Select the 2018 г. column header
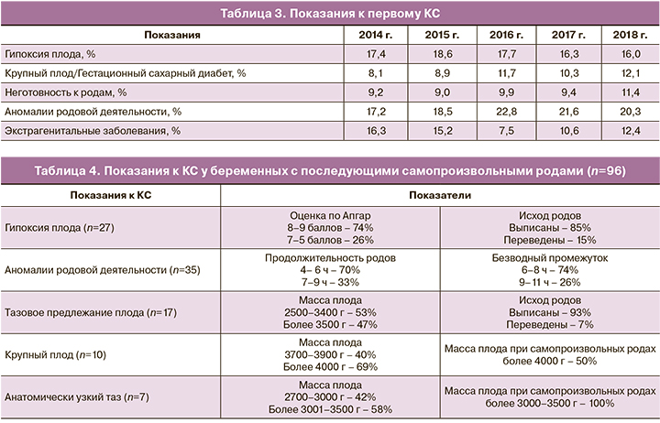[x=631, y=35]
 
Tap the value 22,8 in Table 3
[x=500, y=112]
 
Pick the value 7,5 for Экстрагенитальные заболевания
[x=500, y=131]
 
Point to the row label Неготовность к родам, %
[x=65, y=92]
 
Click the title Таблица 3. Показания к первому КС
[x=329, y=12]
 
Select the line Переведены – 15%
[x=549, y=239]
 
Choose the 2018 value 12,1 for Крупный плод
[x=631, y=74]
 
